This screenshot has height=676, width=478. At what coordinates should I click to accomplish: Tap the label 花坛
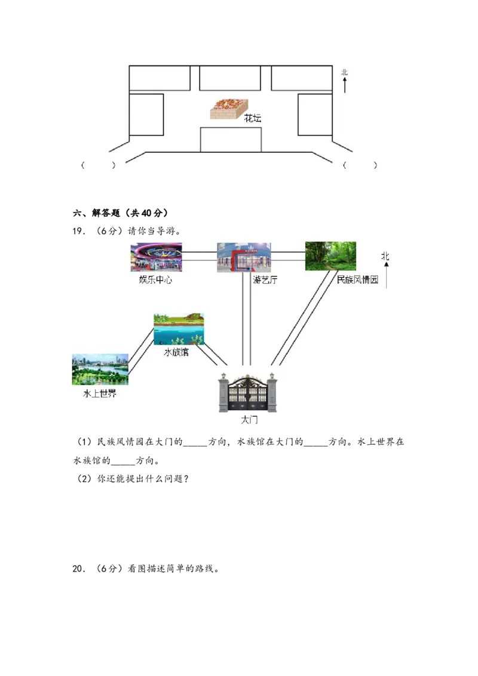(253, 119)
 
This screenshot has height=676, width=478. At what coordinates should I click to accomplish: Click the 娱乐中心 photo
(156, 257)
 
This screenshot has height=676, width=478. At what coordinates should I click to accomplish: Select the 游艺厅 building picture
(244, 257)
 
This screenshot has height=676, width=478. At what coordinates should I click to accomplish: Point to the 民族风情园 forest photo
(330, 256)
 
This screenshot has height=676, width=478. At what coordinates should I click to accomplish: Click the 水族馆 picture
(179, 329)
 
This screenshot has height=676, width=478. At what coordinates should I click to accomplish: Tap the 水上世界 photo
(100, 369)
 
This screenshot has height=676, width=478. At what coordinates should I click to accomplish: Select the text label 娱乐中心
(155, 279)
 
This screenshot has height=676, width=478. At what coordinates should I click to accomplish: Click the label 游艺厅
(265, 279)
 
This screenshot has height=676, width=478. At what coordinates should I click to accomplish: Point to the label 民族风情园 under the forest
(357, 279)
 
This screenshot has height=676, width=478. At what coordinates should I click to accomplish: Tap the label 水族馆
(176, 352)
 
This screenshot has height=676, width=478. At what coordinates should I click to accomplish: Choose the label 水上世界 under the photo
(100, 394)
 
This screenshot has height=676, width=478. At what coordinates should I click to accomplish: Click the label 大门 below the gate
(249, 420)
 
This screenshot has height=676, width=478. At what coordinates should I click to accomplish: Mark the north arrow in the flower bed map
(345, 81)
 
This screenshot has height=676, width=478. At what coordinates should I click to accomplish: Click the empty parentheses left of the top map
(97, 165)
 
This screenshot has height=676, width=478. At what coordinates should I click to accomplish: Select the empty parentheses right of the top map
(359, 165)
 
